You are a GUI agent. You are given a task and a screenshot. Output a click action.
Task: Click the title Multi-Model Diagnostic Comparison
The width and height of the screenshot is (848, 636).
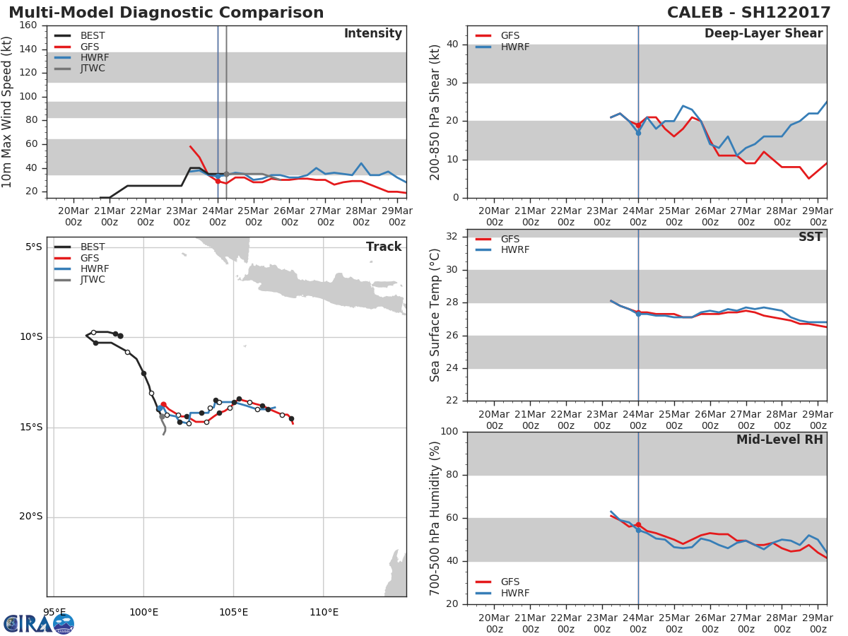(166, 13)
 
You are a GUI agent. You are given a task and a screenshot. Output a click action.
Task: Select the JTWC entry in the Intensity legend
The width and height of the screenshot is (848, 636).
(93, 69)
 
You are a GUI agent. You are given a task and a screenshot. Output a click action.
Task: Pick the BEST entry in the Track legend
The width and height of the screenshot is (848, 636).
(93, 247)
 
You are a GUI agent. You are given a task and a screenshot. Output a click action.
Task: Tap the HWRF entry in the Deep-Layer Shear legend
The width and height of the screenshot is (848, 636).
(514, 47)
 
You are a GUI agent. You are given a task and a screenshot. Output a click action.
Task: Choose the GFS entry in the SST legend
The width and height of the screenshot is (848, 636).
(510, 239)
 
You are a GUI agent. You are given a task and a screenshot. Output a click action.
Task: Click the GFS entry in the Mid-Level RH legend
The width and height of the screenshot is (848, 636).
(510, 582)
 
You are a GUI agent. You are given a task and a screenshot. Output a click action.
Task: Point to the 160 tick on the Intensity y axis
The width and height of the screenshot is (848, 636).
(28, 25)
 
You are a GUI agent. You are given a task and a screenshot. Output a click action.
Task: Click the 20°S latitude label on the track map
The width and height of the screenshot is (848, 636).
(30, 517)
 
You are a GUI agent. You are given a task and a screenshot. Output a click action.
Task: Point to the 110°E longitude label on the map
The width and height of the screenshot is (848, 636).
(324, 612)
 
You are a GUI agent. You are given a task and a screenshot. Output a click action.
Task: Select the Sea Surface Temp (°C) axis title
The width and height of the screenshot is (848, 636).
(435, 315)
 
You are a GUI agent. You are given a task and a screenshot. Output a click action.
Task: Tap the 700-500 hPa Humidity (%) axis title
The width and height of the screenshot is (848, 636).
(435, 518)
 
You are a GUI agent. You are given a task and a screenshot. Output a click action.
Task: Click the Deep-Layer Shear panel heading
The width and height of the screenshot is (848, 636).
(763, 34)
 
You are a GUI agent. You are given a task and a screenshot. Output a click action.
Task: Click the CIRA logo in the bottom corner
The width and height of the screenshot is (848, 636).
(38, 623)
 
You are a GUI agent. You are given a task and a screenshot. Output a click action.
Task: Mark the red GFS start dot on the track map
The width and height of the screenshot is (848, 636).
(163, 404)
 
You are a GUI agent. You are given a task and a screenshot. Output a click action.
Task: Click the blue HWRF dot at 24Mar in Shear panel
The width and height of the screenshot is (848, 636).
(638, 133)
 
